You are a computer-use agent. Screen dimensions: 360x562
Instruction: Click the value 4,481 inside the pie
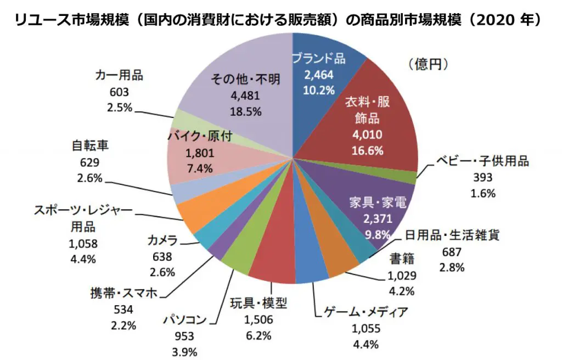click(245, 95)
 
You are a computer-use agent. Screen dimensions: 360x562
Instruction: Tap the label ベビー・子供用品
click(483, 161)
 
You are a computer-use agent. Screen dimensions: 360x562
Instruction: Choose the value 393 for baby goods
click(483, 177)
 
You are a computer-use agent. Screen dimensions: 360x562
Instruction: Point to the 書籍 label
click(402, 258)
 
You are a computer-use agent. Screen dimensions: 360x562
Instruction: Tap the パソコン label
click(185, 319)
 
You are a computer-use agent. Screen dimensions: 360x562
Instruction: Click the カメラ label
click(162, 240)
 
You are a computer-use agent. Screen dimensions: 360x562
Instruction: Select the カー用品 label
click(119, 76)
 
